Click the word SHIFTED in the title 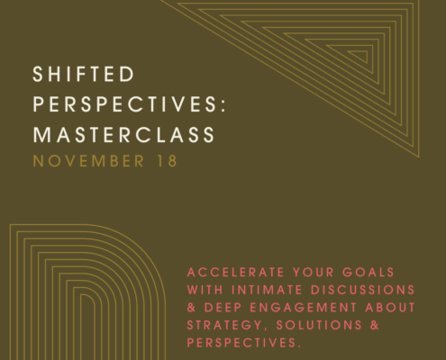[x=84, y=74]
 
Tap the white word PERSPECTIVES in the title [x=124, y=104]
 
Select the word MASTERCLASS [x=123, y=134]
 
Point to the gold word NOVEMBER [x=88, y=161]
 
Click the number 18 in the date [x=168, y=161]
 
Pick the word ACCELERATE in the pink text [x=236, y=273]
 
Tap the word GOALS [x=369, y=273]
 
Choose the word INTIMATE [x=267, y=290]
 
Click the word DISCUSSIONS [x=362, y=290]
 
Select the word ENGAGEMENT [x=304, y=308]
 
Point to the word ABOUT [x=390, y=308]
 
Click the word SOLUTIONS [x=319, y=326]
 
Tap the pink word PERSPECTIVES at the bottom [x=244, y=343]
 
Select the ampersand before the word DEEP [x=191, y=308]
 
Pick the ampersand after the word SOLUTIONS [x=375, y=326]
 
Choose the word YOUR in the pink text [x=314, y=273]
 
